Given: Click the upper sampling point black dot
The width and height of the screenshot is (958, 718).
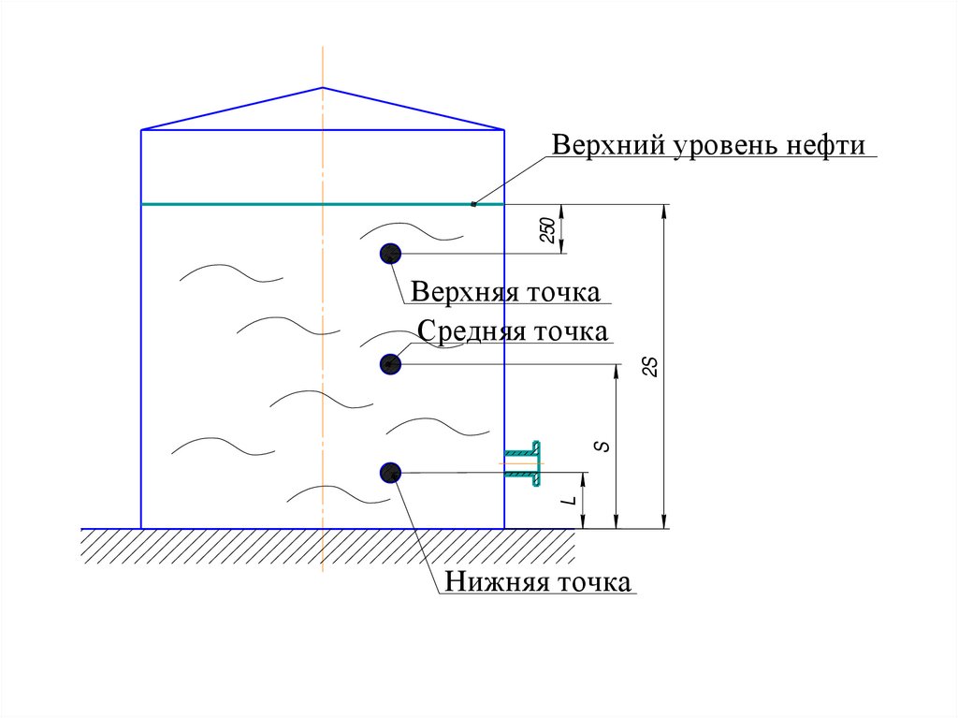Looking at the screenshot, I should click(x=390, y=253).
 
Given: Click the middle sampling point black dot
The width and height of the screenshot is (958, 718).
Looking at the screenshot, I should click(x=390, y=363).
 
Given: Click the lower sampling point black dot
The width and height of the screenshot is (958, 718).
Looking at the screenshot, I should click(x=390, y=473).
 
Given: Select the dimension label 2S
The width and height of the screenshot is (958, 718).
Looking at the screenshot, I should click(x=652, y=367).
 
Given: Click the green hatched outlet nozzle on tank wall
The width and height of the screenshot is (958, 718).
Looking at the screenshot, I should click(x=526, y=462).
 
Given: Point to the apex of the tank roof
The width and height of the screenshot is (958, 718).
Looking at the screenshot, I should click(x=323, y=88).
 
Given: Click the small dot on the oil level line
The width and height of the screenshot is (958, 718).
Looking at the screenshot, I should click(x=473, y=204).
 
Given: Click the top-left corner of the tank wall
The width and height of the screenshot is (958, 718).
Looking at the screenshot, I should click(x=141, y=130).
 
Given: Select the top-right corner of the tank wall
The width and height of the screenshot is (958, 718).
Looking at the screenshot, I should click(x=504, y=130).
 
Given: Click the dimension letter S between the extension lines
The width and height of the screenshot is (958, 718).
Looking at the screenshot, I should click(x=604, y=447).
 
